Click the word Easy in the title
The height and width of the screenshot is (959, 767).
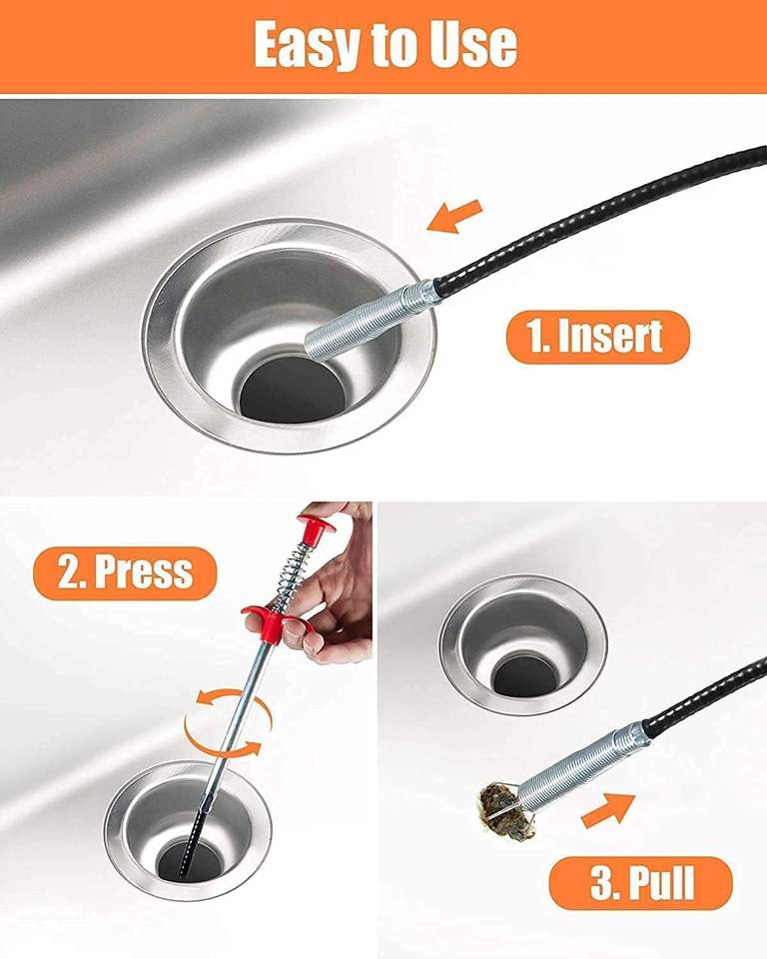coord(307,45)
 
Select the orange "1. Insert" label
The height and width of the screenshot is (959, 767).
coord(597,337)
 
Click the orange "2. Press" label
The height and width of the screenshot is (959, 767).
coord(125,573)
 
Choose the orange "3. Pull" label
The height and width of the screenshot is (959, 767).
coord(640,882)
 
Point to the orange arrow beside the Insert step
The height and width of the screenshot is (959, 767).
coord(454,217)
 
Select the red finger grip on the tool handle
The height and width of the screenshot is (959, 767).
coord(274,619)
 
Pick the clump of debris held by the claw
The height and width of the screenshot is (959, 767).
coord(505,811)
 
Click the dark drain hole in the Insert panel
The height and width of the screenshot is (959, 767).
coord(293,390)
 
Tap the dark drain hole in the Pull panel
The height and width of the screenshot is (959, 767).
coord(522,676)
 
